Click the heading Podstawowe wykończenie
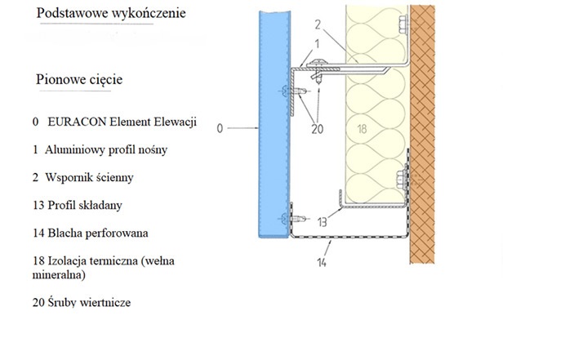[111, 14]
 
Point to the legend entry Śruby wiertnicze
[82, 303]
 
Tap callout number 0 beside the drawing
[220, 127]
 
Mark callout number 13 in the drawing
[323, 221]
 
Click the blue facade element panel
[272, 122]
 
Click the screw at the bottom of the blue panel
[287, 218]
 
